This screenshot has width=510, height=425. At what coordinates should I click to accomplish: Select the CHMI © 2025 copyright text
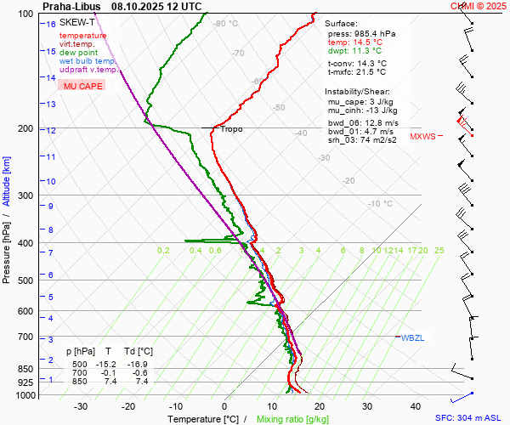tap(478, 6)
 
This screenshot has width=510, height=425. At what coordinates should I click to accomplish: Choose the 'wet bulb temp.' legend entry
tap(88, 61)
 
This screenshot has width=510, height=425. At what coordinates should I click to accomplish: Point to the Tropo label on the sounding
tap(231, 129)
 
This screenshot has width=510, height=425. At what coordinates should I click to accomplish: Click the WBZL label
tap(412, 337)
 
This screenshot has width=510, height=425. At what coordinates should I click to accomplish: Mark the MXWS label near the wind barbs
tap(422, 137)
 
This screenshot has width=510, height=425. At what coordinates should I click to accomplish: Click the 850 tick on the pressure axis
tap(25, 369)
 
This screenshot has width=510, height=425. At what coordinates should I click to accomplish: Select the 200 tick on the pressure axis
tap(25, 128)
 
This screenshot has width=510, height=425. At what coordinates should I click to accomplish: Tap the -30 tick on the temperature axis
tap(81, 406)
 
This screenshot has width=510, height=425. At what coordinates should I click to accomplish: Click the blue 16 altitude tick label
tap(51, 25)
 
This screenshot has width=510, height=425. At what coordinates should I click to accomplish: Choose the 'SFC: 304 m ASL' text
tap(468, 418)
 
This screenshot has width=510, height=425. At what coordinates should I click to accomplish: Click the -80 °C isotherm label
tap(226, 24)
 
